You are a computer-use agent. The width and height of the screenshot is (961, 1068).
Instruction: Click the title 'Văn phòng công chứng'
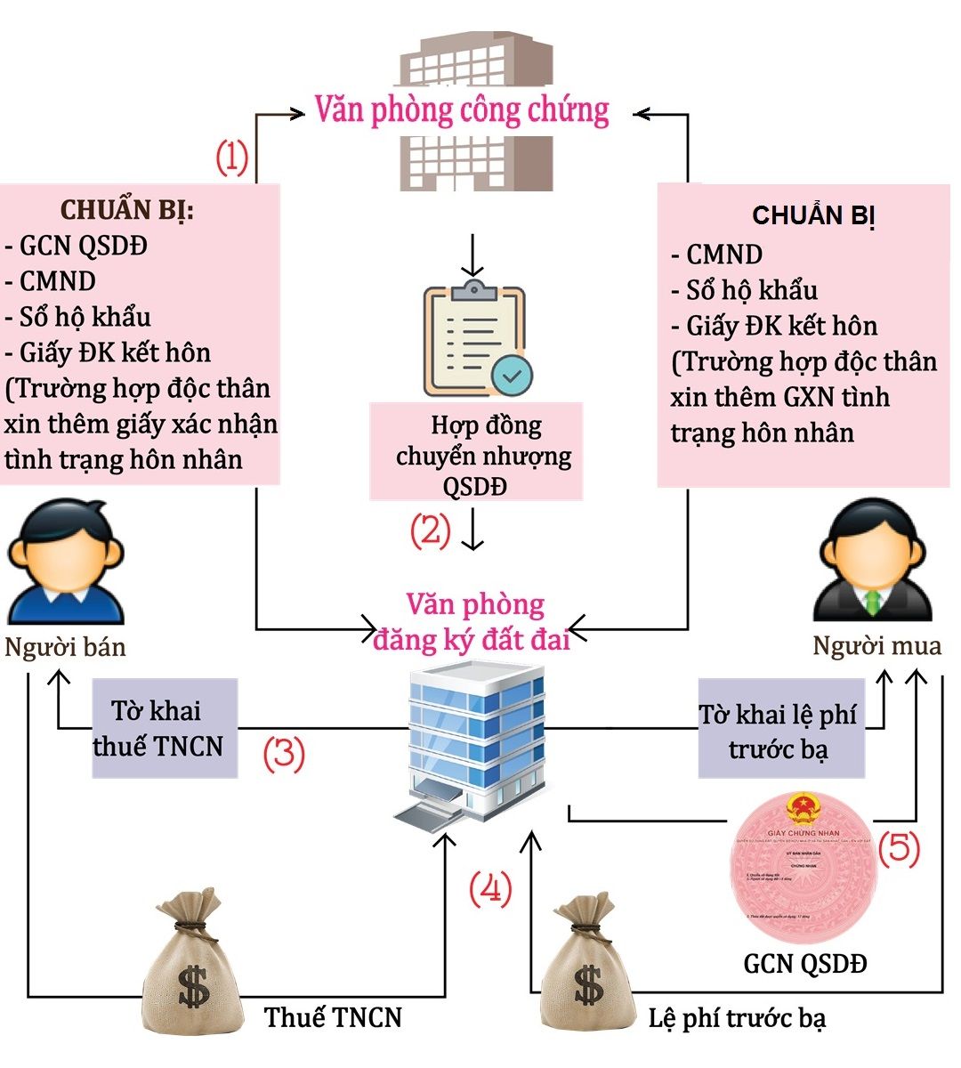[462, 111]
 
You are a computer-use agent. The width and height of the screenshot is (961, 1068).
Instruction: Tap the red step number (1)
[232, 158]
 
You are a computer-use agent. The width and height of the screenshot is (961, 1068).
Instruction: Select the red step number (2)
[431, 530]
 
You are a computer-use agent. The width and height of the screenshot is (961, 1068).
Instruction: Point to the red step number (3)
[284, 754]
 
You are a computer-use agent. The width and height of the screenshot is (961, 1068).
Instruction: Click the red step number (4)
[491, 888]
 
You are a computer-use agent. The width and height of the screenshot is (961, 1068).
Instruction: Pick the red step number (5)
[899, 848]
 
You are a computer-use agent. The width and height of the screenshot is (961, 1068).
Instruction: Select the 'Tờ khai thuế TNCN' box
[165, 728]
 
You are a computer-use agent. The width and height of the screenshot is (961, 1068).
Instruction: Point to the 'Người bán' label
[65, 647]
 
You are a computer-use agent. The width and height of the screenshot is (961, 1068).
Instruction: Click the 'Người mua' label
[876, 645]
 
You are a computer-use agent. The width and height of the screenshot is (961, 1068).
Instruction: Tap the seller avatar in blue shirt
[65, 559]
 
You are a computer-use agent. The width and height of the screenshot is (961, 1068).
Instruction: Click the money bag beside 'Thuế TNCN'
[193, 961]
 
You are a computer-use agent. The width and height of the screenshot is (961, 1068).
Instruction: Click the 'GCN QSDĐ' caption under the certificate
[804, 963]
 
